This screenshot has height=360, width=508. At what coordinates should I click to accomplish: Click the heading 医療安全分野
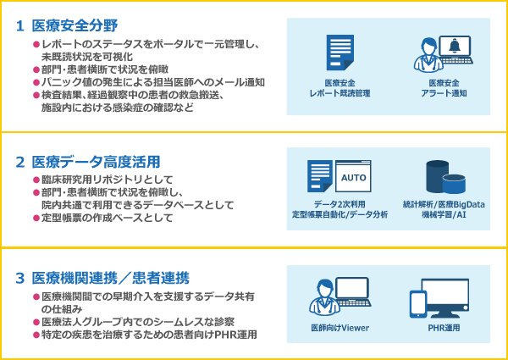point(75,26)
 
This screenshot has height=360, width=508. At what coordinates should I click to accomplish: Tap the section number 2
point(20,163)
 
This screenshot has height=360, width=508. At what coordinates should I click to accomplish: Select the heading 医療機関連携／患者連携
point(110,279)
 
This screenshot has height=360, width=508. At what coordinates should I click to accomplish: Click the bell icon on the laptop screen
point(455,47)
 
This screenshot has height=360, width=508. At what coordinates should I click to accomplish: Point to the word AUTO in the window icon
point(353,178)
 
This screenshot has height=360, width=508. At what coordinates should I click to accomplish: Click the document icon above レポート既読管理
point(340,53)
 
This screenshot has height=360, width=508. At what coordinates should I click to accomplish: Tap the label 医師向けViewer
point(340,328)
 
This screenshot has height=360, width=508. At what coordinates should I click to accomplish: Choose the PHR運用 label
point(444,328)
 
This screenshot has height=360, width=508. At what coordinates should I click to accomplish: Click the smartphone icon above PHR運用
point(417,304)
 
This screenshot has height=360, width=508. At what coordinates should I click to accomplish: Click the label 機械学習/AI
point(444,214)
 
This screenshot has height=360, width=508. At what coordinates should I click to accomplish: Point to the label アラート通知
point(444,93)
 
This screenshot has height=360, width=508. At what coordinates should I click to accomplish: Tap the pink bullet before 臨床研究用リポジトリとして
point(36,180)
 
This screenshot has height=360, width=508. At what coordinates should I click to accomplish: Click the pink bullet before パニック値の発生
point(36,82)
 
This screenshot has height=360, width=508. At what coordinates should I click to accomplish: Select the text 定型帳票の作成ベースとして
point(108,218)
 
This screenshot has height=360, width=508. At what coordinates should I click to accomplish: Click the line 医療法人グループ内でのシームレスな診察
point(138,322)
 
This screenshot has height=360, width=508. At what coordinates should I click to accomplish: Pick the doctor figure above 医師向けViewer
point(324,296)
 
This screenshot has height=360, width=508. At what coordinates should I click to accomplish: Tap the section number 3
point(20,279)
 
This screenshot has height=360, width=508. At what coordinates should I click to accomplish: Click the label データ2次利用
point(340,204)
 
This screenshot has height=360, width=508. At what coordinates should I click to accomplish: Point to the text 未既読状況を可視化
point(87,57)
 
